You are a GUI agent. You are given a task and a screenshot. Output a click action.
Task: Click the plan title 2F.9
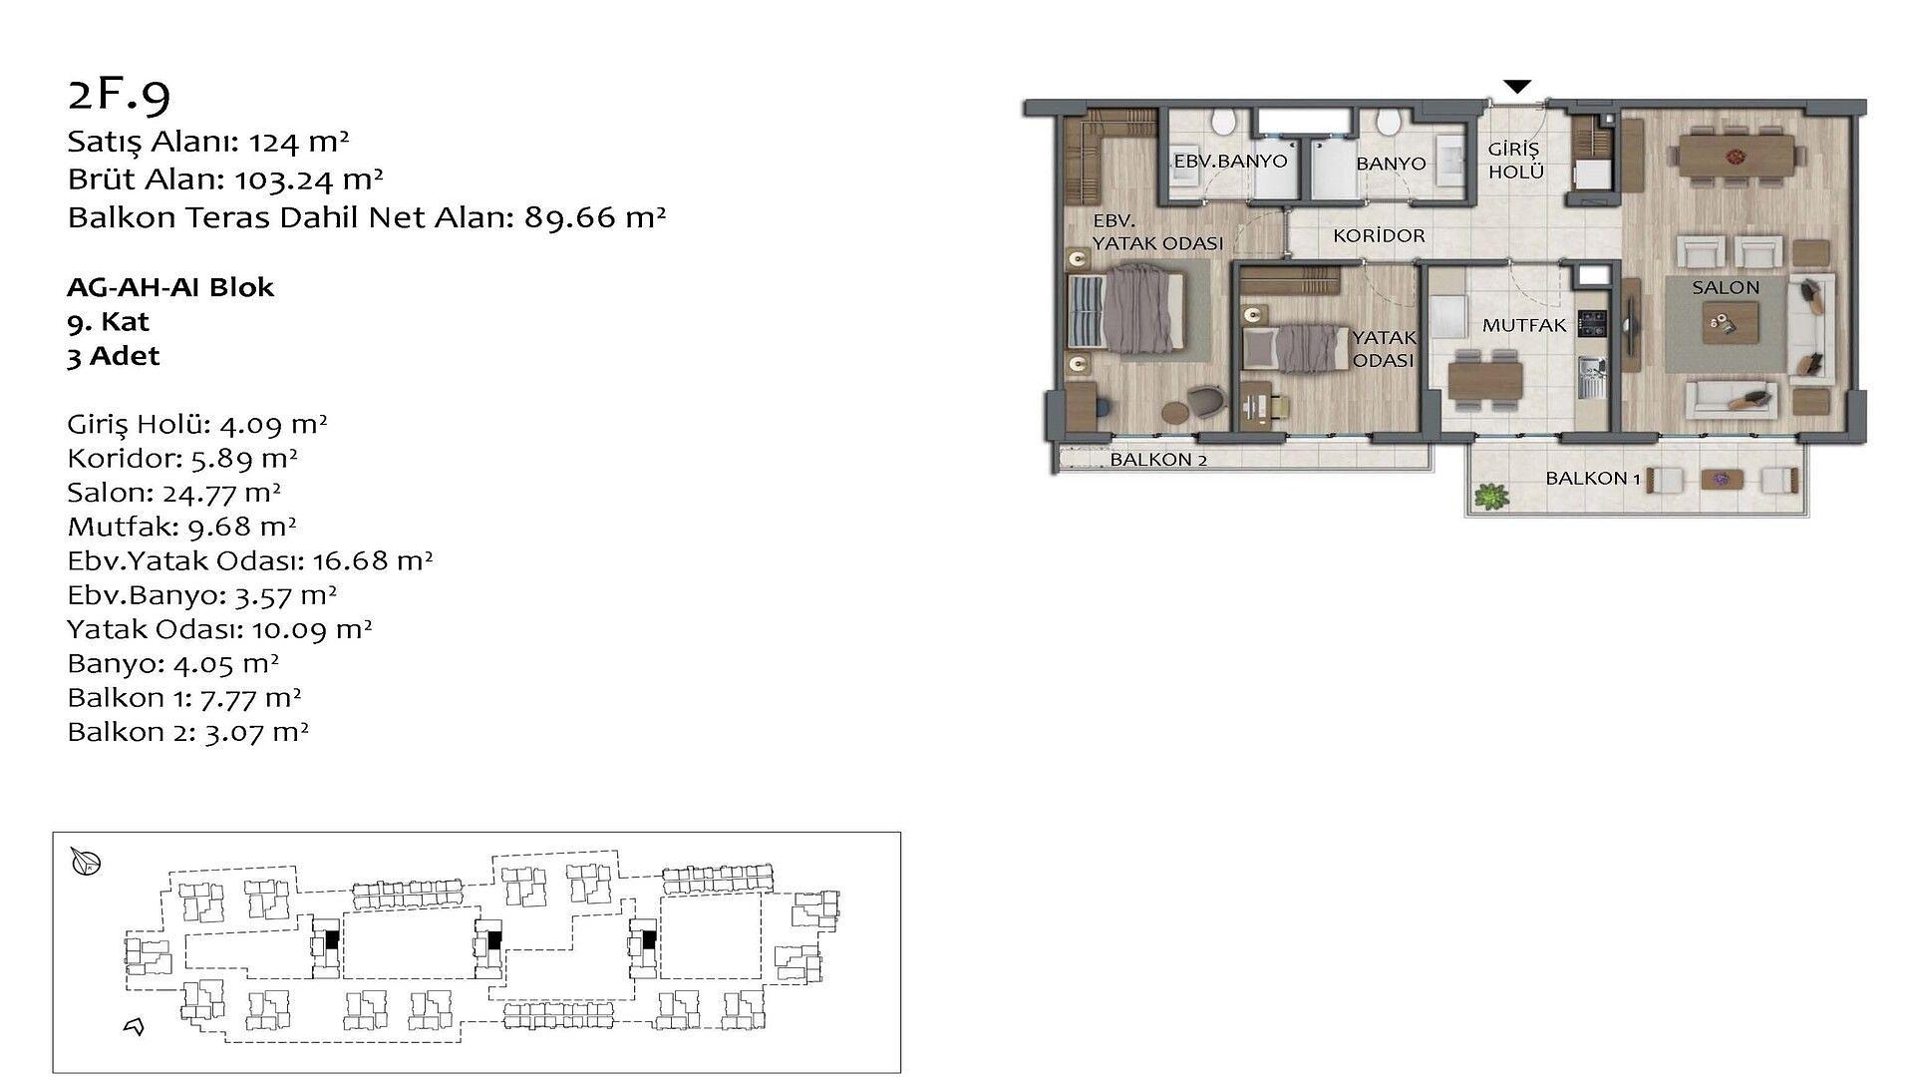point(120,94)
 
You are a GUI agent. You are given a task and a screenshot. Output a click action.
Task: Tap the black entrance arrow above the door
point(1516,87)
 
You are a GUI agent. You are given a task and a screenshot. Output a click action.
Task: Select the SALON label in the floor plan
point(1726,287)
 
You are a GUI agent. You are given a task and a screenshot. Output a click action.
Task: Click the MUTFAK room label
point(1524,325)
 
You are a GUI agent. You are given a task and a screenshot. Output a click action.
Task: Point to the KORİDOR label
point(1380,236)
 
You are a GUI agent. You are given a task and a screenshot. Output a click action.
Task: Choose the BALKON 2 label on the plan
point(1158,460)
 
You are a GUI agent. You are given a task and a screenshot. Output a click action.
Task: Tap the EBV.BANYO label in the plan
point(1230,161)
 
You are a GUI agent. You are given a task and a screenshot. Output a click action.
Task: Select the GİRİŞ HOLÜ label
point(1515,161)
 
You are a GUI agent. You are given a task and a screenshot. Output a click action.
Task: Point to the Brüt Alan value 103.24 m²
point(309,179)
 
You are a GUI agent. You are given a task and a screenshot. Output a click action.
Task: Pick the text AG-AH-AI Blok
point(170,287)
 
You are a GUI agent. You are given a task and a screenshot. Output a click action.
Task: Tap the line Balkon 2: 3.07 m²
point(187,732)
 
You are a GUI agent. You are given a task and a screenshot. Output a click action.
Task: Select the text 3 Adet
point(114,356)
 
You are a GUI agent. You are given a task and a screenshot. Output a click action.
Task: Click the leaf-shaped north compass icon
point(87,862)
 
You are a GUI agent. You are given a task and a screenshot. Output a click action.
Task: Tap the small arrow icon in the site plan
point(134,1026)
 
